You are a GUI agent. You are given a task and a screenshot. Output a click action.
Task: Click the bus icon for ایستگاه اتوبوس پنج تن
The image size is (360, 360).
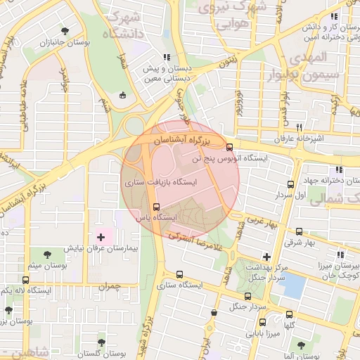[x=230, y=147]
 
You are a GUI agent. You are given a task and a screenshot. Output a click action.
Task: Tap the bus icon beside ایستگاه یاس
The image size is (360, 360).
[x=156, y=207]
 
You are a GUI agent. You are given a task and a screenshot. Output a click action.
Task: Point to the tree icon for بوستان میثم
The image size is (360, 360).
[x=47, y=254]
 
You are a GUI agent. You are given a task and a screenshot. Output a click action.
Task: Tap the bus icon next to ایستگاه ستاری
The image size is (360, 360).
[x=179, y=275]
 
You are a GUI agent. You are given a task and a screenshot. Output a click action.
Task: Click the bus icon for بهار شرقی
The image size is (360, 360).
[x=300, y=231]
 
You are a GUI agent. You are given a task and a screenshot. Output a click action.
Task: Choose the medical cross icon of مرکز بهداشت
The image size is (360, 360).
[x=266, y=257]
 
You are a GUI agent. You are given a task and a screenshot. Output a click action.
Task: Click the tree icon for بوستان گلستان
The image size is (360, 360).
[x=103, y=341]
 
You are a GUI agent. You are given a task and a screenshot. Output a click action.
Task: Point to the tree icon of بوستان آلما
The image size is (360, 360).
[x=301, y=345]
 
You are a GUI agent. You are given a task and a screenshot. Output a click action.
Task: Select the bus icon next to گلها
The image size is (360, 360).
[x=289, y=314]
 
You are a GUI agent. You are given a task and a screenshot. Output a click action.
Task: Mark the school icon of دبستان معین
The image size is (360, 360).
[x=167, y=57]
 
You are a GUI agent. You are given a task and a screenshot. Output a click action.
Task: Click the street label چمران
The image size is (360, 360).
[x=110, y=288]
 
